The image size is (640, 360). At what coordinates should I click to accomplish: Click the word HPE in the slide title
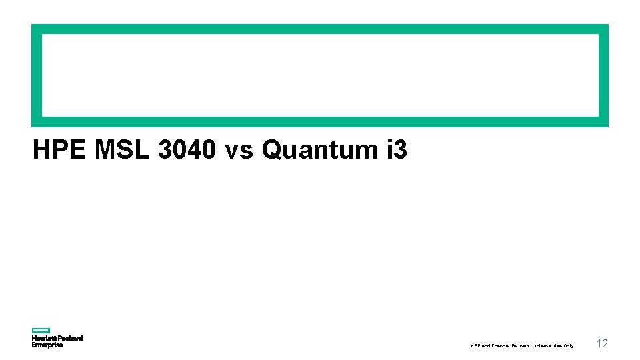pyautogui.click(x=60, y=151)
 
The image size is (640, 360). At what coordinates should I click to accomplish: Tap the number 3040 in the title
pyautogui.click(x=187, y=151)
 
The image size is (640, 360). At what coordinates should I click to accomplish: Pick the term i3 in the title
pyautogui.click(x=396, y=151)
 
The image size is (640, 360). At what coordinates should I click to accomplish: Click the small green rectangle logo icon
pyautogui.click(x=41, y=330)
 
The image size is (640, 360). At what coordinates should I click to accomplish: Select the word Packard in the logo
pyautogui.click(x=70, y=339)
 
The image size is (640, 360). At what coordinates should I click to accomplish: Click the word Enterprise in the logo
pyautogui.click(x=47, y=345)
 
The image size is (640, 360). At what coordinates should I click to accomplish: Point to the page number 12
pyautogui.click(x=602, y=344)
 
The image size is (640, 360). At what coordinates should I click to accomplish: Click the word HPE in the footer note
pyautogui.click(x=474, y=346)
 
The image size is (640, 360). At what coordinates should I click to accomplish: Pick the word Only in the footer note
pyautogui.click(x=569, y=346)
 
